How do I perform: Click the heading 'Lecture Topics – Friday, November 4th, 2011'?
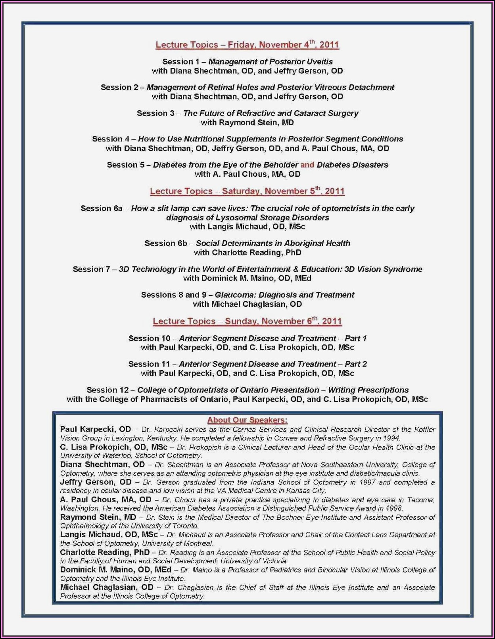247,44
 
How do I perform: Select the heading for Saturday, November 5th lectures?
247,191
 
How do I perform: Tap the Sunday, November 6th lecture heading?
247,321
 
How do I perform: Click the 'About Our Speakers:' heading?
247,420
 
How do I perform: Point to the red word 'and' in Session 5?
307,165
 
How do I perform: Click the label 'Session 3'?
155,113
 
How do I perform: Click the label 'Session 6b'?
165,243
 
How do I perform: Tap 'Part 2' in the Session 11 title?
356,364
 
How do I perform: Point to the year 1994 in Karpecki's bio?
393,438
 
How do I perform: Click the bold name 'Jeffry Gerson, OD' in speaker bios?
96,482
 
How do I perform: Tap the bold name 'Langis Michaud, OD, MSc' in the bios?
109,535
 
